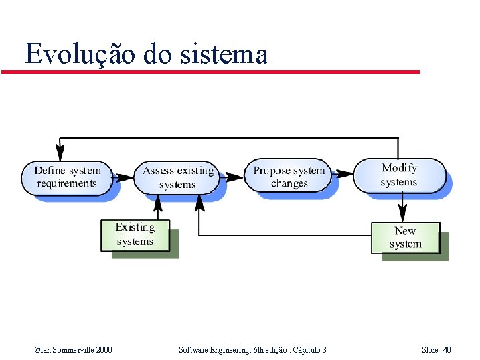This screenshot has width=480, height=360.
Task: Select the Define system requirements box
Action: tap(67, 176)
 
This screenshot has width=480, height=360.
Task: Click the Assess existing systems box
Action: tap(178, 177)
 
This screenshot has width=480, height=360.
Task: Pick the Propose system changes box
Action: tap(289, 176)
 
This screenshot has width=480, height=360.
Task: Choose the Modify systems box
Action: tap(399, 175)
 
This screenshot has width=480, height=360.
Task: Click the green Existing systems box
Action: tap(135, 235)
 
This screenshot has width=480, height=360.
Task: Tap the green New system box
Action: tap(406, 238)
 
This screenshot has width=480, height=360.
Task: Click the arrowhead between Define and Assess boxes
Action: tap(125, 178)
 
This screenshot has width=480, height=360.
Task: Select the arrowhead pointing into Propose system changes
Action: tap(236, 177)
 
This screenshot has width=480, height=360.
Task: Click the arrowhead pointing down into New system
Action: tap(401, 215)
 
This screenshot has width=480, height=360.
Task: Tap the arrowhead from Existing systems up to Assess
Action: tap(158, 201)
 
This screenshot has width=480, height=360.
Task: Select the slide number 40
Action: tap(447, 350)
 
